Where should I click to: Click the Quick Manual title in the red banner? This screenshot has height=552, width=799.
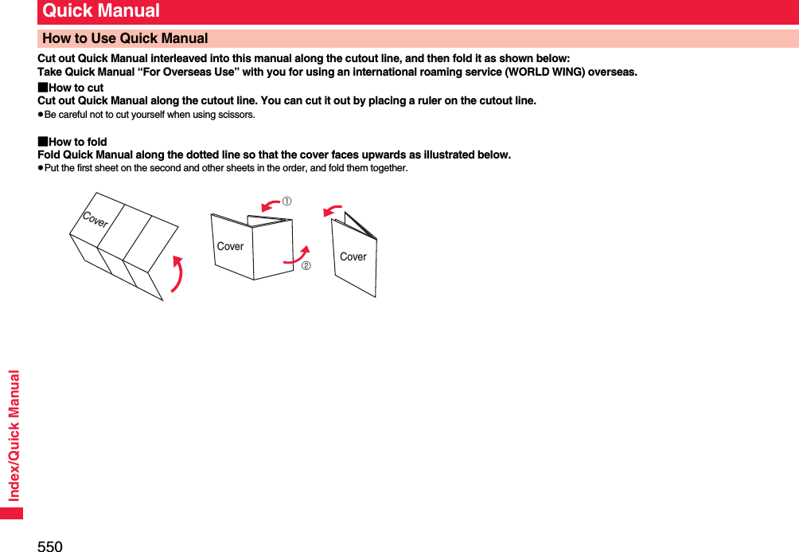coord(101,11)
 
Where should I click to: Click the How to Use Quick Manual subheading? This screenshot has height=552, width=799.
coord(125,38)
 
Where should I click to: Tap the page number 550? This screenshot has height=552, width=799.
coord(49,546)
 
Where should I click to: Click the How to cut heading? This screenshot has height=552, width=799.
coord(76,88)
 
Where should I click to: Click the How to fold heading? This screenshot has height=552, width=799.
coord(77,142)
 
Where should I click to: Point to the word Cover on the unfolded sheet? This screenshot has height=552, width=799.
coord(95,220)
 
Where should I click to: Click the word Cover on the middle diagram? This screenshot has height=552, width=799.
coord(230,247)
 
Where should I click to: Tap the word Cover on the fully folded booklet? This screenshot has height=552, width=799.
coord(353,256)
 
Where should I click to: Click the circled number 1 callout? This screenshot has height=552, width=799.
coord(286,200)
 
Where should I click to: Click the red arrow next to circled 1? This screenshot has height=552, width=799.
coord(270,206)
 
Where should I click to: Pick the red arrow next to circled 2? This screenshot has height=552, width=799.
coord(297,254)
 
